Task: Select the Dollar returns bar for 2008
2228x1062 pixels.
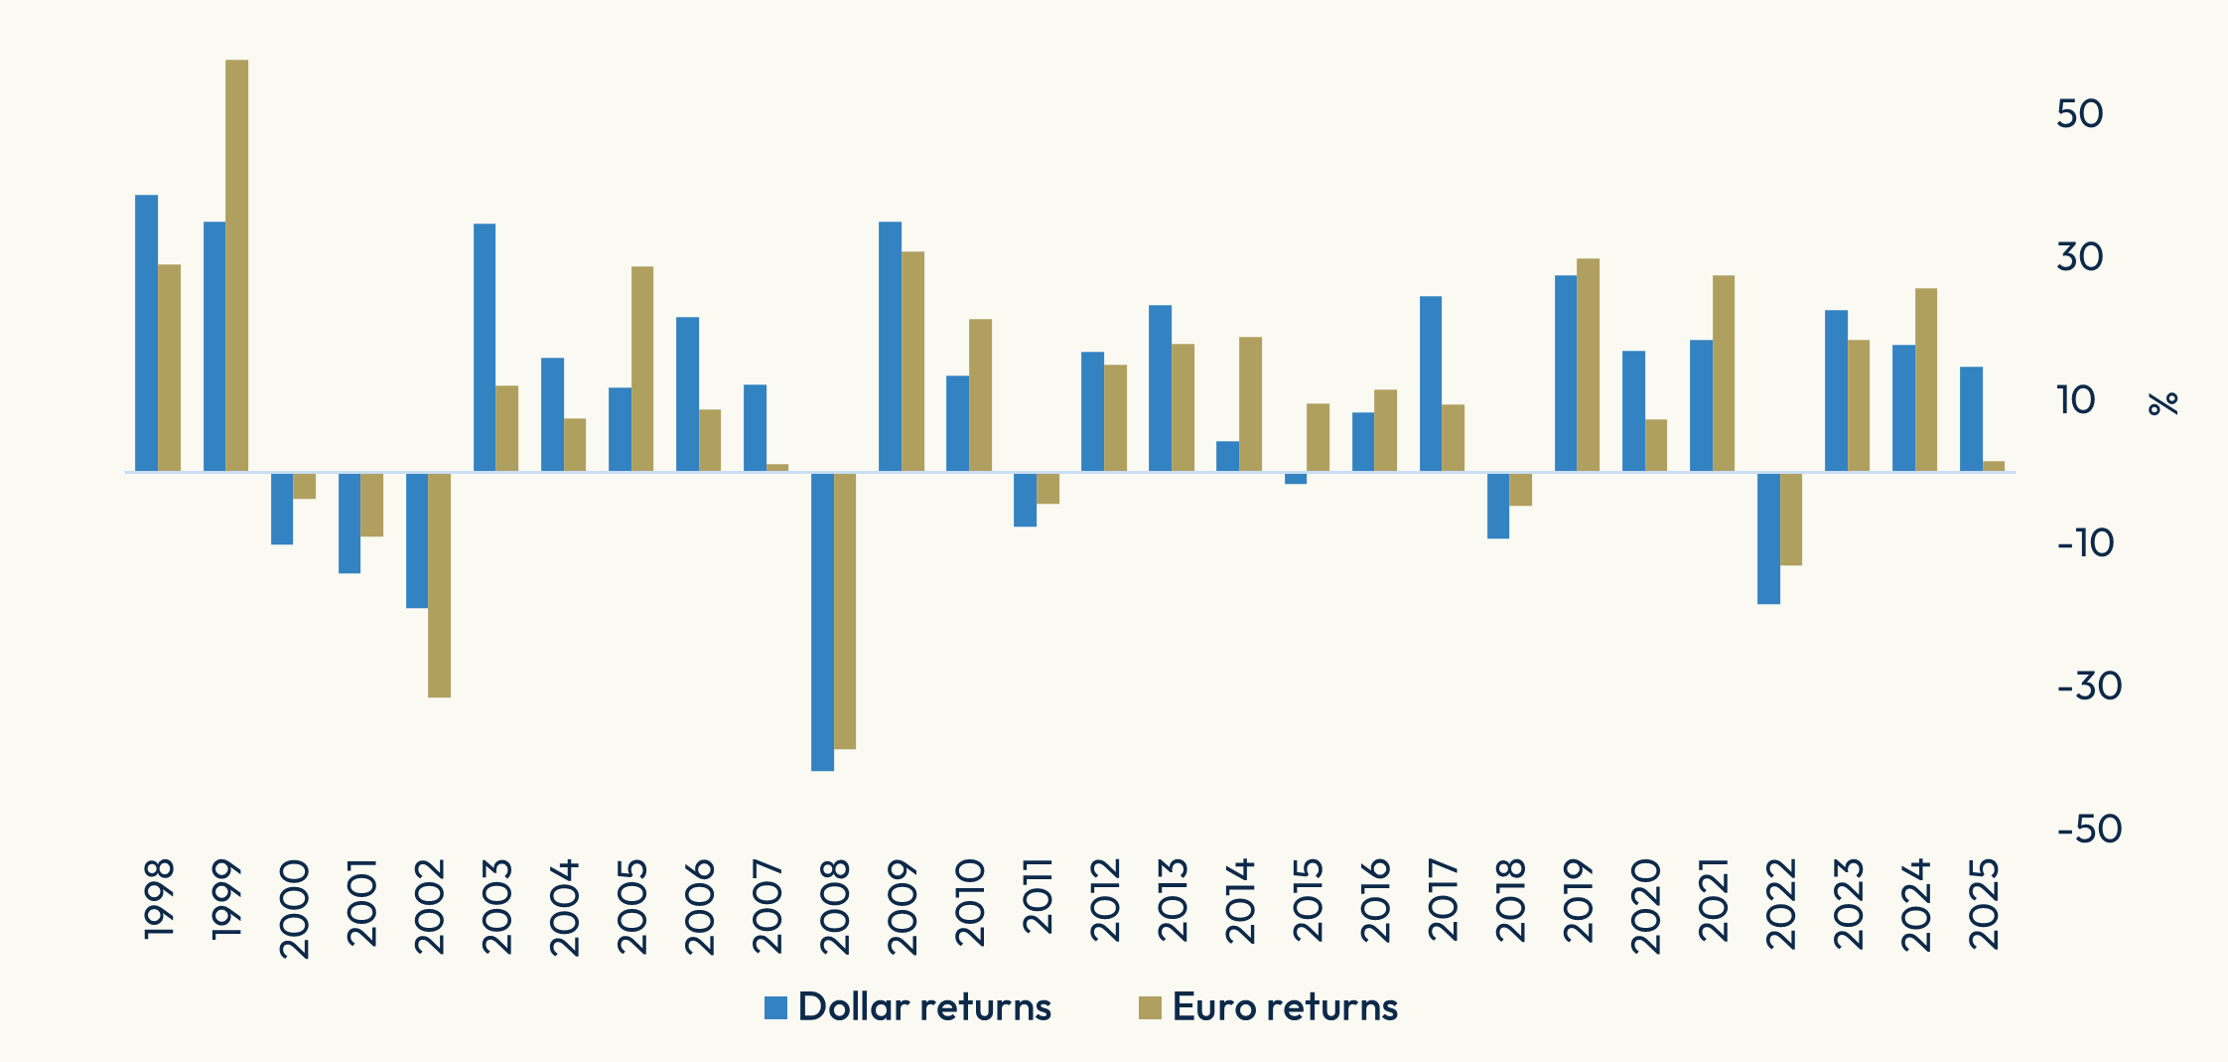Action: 822,621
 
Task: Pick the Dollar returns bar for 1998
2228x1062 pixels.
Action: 146,333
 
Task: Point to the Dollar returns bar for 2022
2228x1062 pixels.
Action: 1768,537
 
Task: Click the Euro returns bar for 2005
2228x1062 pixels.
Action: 642,369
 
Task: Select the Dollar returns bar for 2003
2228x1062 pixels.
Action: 485,347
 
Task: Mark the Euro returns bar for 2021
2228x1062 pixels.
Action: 1724,373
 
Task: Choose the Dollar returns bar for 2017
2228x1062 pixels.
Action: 1431,383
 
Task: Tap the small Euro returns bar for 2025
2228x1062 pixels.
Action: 1994,466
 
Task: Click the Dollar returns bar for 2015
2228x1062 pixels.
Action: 1296,478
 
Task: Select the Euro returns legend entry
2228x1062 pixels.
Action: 1269,1007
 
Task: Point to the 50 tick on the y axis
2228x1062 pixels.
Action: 2079,114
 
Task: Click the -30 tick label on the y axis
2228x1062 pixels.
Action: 2089,686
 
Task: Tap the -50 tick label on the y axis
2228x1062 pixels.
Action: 2089,830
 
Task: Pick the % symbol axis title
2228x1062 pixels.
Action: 2163,402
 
